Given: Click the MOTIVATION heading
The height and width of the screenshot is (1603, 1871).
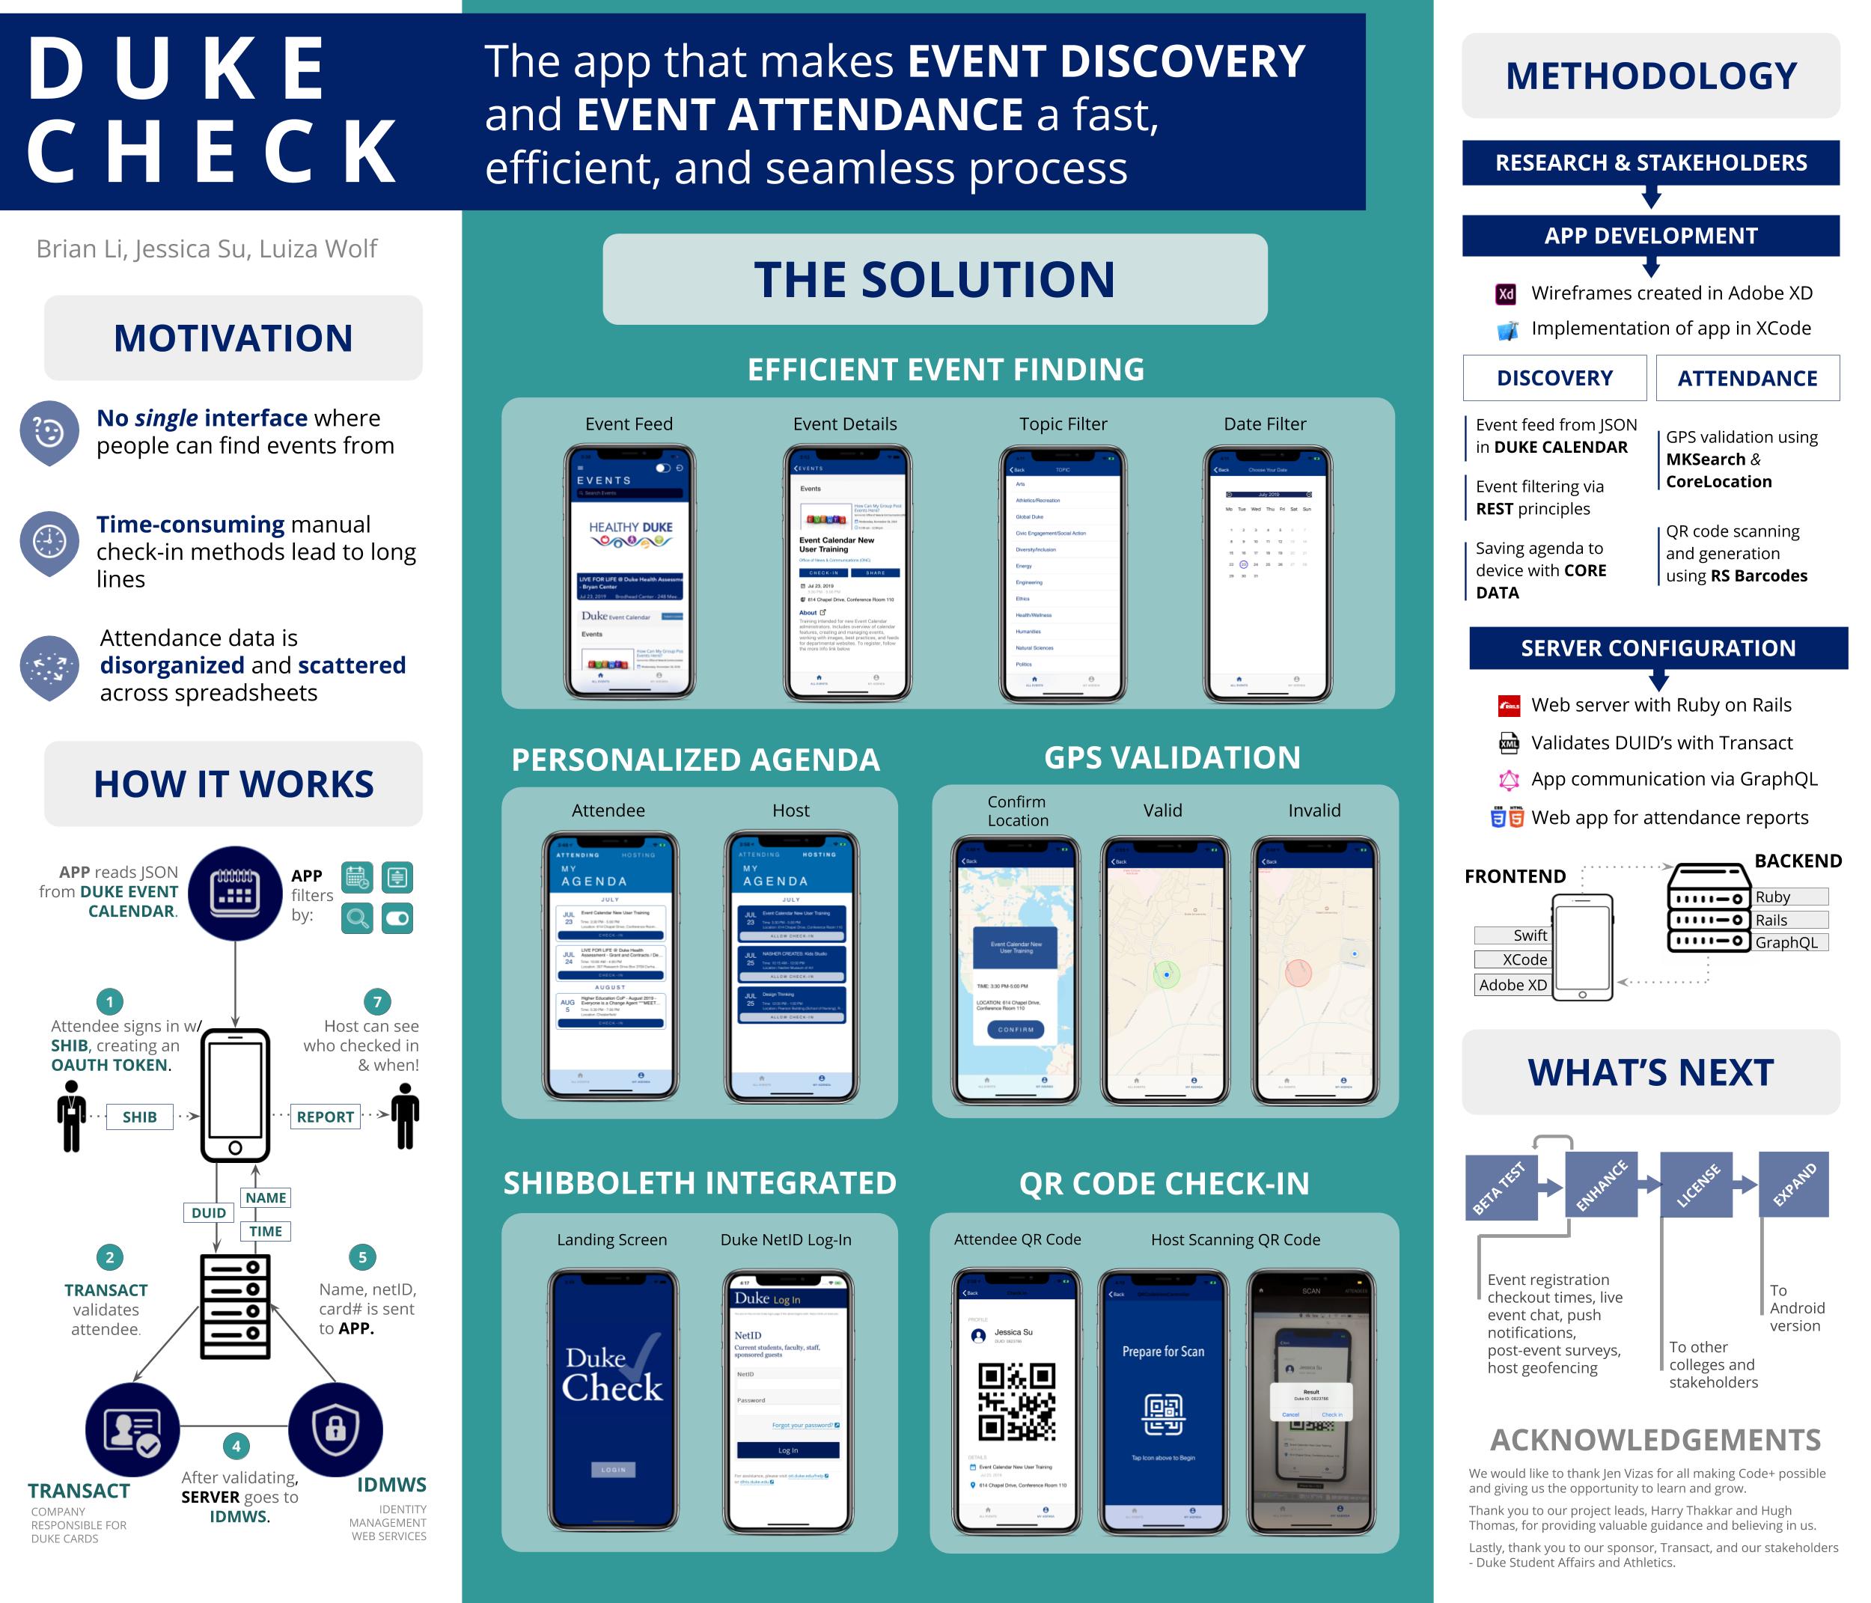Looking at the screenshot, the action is pyautogui.click(x=233, y=339).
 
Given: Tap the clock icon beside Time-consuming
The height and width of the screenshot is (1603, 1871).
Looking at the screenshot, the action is pyautogui.click(x=49, y=541).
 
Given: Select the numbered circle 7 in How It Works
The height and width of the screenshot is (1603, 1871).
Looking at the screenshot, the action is pyautogui.click(x=377, y=1001).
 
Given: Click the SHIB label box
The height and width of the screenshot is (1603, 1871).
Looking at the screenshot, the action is pyautogui.click(x=140, y=1117).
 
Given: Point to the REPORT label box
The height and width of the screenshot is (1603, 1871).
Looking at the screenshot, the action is pyautogui.click(x=325, y=1117).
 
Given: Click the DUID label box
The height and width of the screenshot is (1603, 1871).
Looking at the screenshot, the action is pyautogui.click(x=209, y=1213).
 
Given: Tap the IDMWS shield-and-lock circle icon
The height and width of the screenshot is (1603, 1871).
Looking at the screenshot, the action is pyautogui.click(x=335, y=1429).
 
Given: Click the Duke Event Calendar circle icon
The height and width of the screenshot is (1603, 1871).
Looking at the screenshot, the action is pyautogui.click(x=235, y=892).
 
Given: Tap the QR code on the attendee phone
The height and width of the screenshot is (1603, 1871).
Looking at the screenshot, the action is pyautogui.click(x=1017, y=1401).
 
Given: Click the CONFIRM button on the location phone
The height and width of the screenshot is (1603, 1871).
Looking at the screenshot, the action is pyautogui.click(x=1016, y=1030).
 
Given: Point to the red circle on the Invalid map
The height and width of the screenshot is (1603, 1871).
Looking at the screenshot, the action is pyautogui.click(x=1298, y=973).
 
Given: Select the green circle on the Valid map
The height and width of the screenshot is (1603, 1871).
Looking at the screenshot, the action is pyautogui.click(x=1167, y=975).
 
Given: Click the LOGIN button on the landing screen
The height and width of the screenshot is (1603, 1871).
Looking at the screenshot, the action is pyautogui.click(x=613, y=1469).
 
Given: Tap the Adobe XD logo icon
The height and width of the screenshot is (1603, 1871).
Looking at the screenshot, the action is pyautogui.click(x=1505, y=293).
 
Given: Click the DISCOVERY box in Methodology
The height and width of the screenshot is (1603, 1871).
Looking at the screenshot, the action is pyautogui.click(x=1554, y=379).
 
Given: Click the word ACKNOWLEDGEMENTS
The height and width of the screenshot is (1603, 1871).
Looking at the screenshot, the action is pyautogui.click(x=1655, y=1440).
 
